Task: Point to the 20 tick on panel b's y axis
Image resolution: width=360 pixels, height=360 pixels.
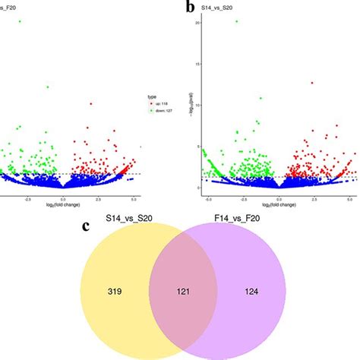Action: coord(197,23)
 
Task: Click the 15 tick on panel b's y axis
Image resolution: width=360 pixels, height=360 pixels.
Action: coord(197,64)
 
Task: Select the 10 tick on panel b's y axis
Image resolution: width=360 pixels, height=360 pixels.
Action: coord(197,105)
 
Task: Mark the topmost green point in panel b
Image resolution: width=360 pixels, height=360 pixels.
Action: coord(237,21)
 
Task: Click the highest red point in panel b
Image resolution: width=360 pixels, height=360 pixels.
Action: coord(311,83)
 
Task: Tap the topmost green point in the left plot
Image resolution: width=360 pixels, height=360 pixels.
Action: coord(20,22)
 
